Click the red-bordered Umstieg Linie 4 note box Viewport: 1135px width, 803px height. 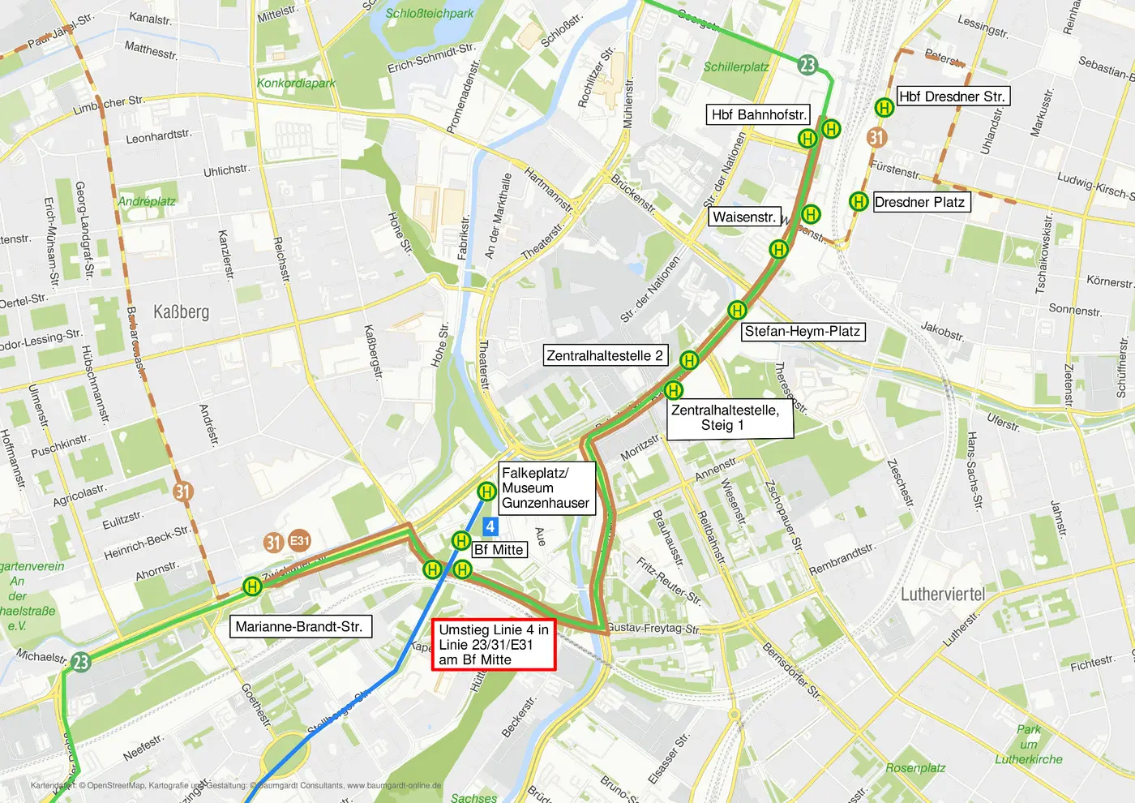[x=493, y=645]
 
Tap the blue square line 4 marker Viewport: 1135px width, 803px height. [x=490, y=526]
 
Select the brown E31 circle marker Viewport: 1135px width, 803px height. [x=300, y=541]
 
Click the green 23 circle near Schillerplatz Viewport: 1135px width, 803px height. [x=807, y=65]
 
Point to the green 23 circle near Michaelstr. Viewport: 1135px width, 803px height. [x=80, y=662]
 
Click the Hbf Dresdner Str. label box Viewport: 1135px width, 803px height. [x=952, y=97]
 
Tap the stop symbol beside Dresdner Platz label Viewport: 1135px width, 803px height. [x=859, y=201]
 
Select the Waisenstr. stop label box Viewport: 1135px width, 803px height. [x=744, y=217]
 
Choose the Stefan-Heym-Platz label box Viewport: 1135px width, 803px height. [x=802, y=331]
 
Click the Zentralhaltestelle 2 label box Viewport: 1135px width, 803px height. [x=605, y=355]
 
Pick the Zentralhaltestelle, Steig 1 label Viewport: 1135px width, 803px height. [x=724, y=418]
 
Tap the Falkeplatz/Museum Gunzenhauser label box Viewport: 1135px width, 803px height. [x=546, y=487]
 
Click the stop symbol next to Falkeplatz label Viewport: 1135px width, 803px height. [x=486, y=491]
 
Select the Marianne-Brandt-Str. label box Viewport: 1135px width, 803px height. [x=299, y=626]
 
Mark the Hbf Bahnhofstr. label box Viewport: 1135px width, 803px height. [x=758, y=114]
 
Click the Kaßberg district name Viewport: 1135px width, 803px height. [x=181, y=312]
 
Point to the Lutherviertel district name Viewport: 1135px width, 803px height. [x=942, y=595]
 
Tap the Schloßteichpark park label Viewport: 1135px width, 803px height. [x=429, y=13]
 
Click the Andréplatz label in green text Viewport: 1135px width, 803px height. [x=146, y=201]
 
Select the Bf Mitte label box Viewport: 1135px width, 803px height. [x=499, y=549]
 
